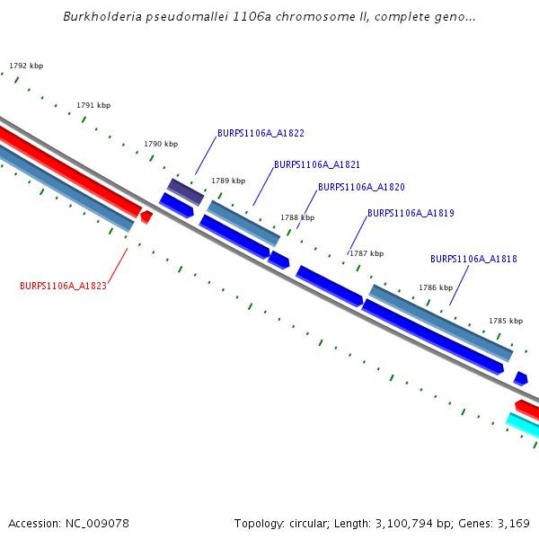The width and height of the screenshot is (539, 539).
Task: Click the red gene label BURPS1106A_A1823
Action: coord(63,286)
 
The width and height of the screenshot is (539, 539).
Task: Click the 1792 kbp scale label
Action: coord(26,66)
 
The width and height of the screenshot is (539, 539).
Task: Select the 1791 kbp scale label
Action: coord(93,105)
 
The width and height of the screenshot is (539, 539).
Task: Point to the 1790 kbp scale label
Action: coord(161,144)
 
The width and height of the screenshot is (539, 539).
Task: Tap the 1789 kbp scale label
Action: coord(228,181)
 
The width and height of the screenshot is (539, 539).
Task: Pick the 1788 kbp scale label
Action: coord(297,217)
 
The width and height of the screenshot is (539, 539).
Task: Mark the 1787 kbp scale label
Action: coord(367,253)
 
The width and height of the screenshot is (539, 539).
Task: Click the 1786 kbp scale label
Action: coord(436,287)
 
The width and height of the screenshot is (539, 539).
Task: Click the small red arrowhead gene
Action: coord(146,216)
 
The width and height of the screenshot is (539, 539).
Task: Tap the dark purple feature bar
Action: coord(186,191)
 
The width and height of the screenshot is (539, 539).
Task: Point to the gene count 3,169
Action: coord(512,523)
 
